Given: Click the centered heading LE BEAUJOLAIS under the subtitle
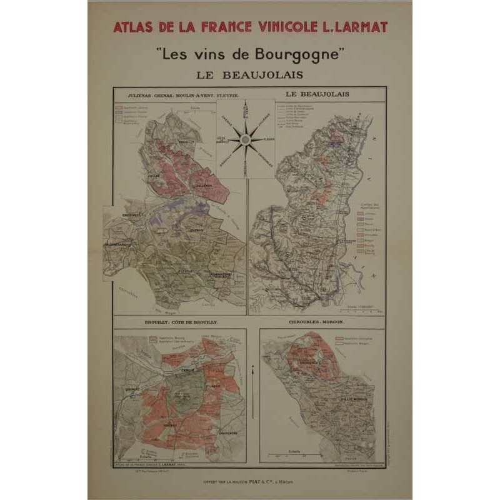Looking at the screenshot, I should [x=249, y=74].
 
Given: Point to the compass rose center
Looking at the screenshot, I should [x=245, y=138].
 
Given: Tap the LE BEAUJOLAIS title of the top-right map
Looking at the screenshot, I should [x=317, y=94].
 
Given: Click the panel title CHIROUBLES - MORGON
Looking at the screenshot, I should [x=319, y=323].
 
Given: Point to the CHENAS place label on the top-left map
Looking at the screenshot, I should [x=195, y=230].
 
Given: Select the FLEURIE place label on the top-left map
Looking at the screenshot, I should [x=184, y=271].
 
